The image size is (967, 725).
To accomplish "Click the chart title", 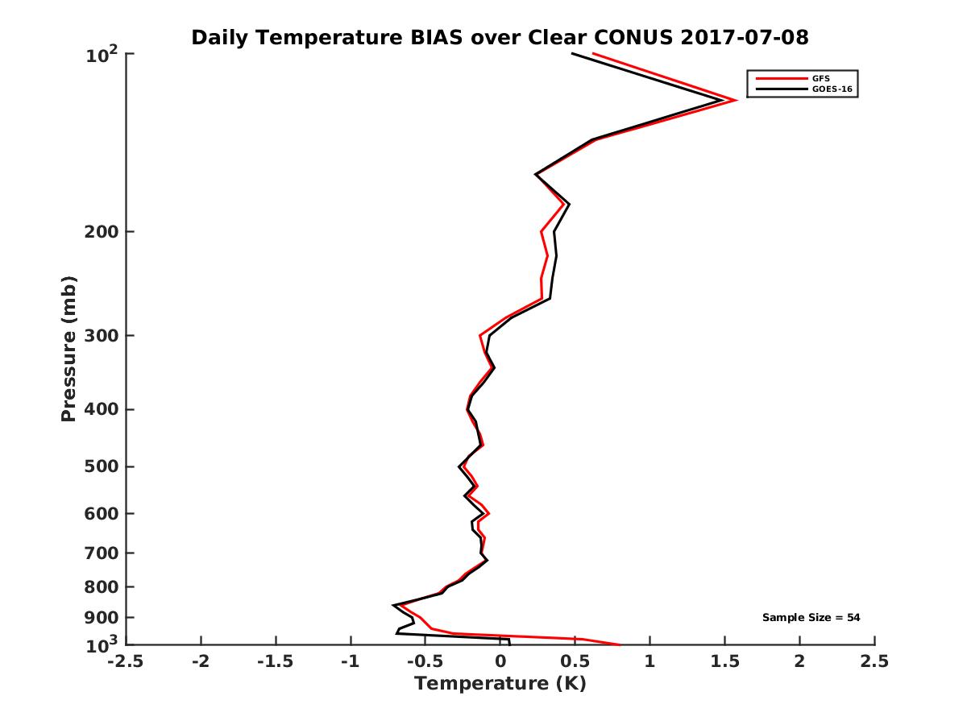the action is pos(500,37).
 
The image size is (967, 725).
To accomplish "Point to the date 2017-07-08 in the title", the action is pos(744,37).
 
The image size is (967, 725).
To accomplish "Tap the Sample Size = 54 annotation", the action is pos(811,618).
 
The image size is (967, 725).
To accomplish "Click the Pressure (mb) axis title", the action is pos(68,349).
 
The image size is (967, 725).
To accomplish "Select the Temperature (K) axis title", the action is pos(500,684).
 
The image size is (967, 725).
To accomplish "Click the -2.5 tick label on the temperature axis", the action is pos(126,661).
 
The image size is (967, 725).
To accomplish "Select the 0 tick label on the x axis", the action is pos(500,661).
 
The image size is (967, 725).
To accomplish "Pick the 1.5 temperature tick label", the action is pos(724,661).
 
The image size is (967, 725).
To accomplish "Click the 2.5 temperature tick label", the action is pos(874,661).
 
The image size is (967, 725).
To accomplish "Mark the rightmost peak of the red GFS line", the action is pos(737,101).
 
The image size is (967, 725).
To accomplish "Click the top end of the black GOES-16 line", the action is pos(572,54).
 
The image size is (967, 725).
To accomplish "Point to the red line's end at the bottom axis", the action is pos(620,645).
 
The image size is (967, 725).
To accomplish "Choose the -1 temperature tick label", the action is pos(351,661).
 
